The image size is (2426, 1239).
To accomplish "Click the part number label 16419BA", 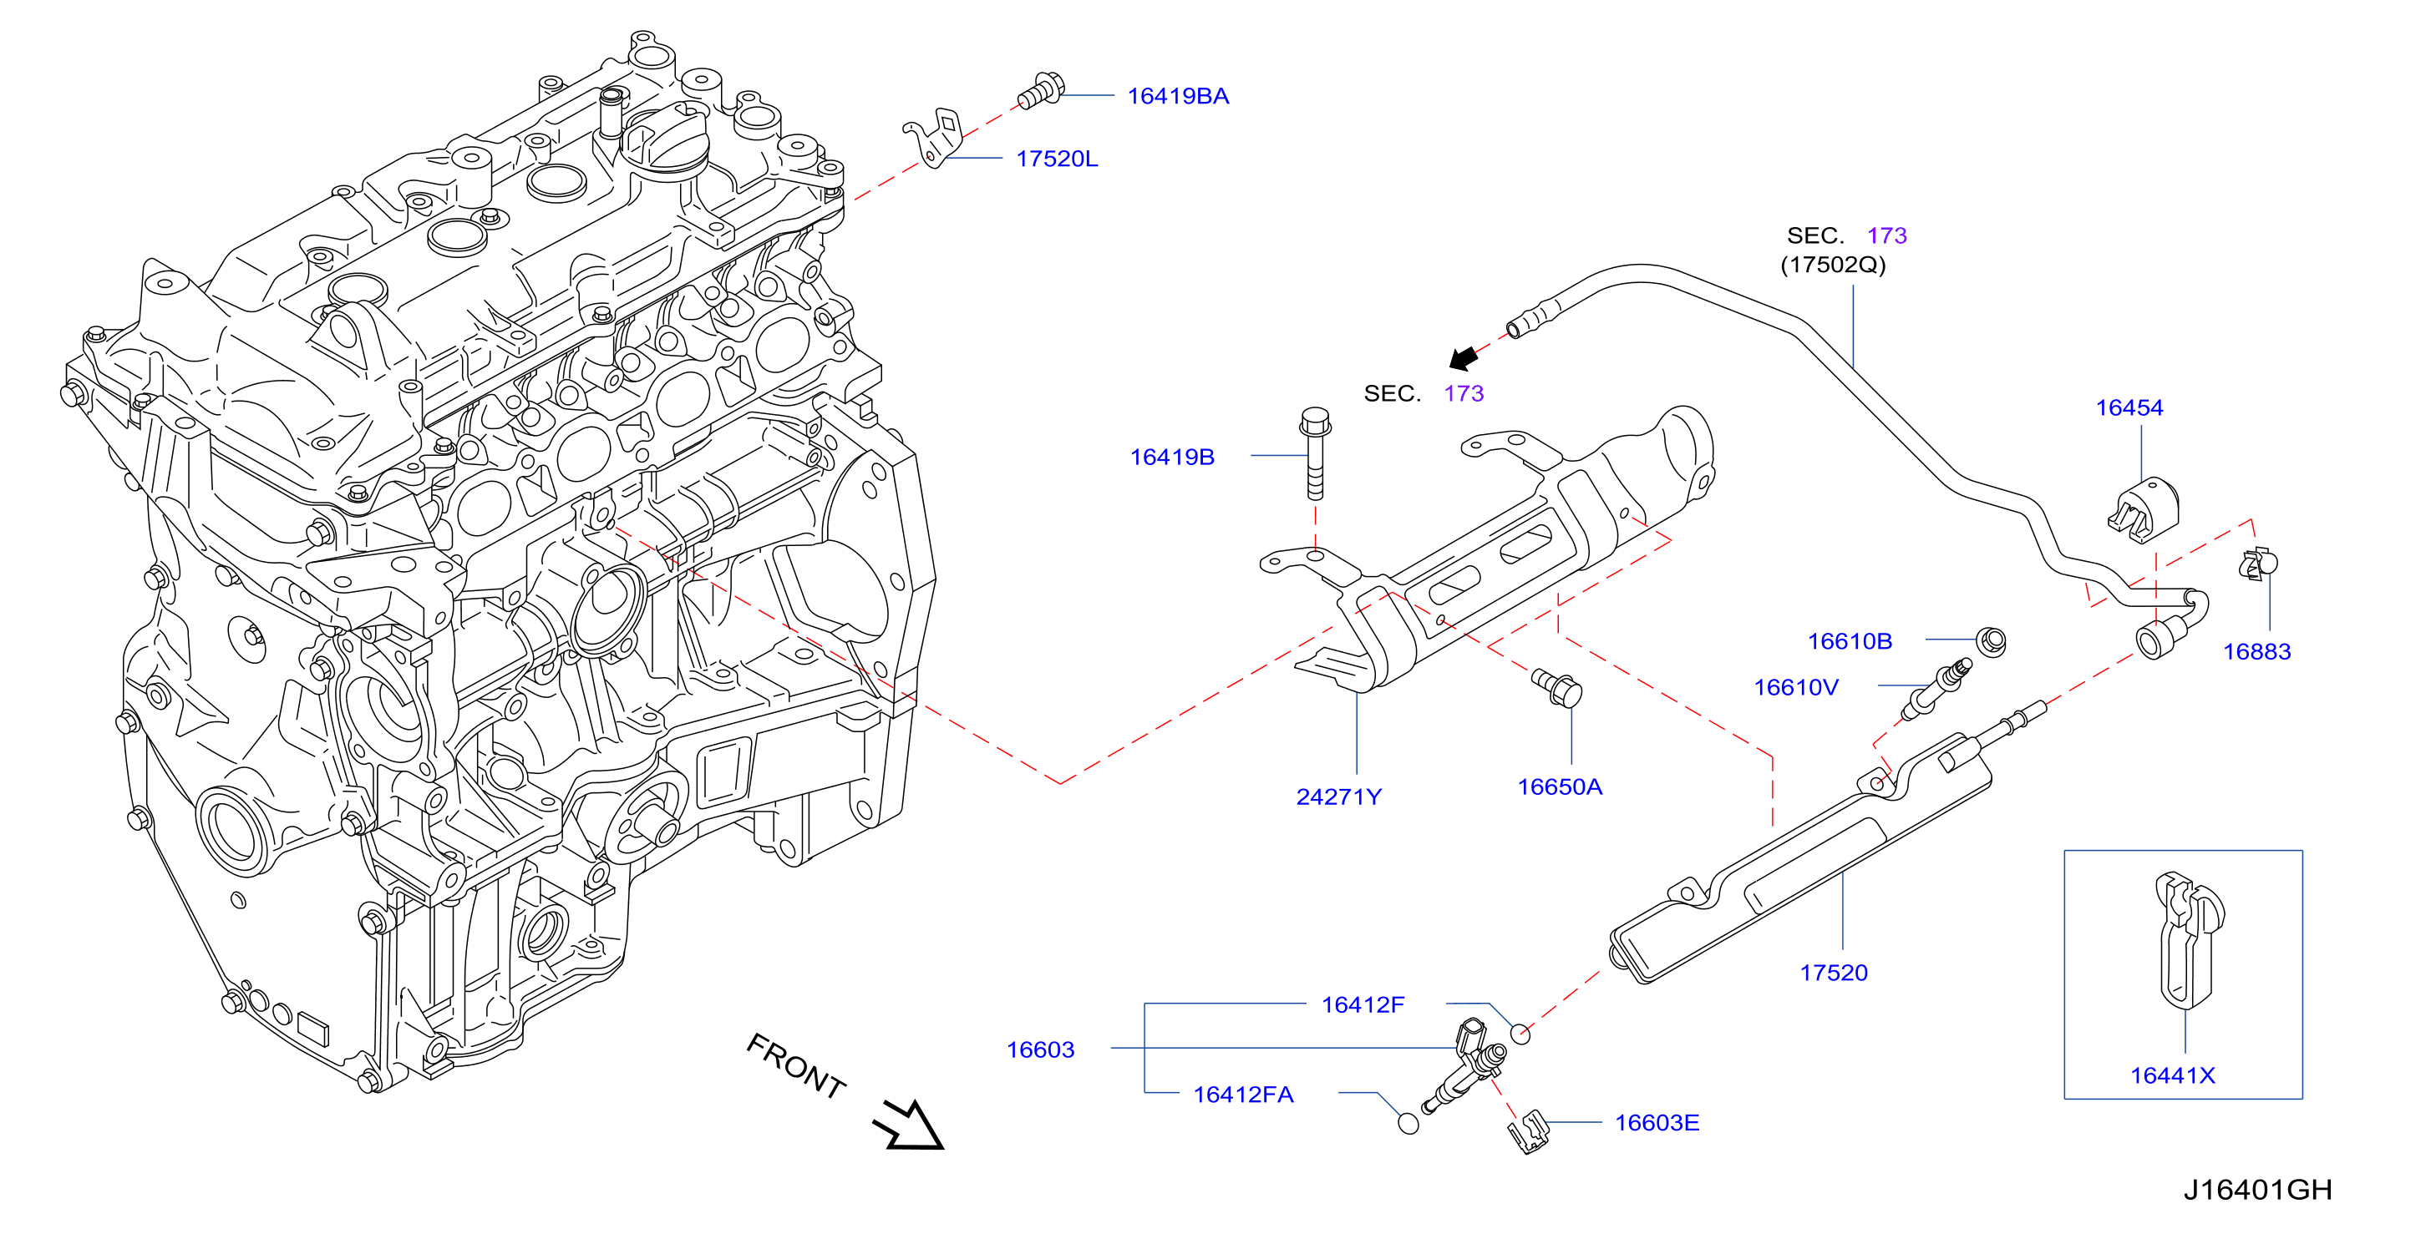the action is click(1177, 96).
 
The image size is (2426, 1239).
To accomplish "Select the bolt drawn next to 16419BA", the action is click(1041, 91).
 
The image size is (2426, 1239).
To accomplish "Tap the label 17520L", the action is click(1057, 159).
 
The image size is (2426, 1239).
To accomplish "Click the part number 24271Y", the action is click(1338, 796).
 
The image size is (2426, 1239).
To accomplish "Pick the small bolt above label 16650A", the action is click(1558, 687).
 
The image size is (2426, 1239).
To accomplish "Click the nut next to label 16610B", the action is click(1990, 641).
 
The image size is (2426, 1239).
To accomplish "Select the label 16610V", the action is click(1795, 687).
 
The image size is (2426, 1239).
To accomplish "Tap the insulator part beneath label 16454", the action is click(2143, 509).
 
